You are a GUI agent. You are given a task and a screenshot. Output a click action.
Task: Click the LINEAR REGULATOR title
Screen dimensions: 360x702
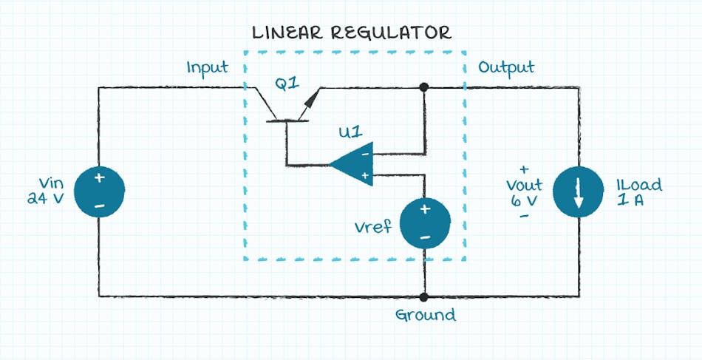[351, 33]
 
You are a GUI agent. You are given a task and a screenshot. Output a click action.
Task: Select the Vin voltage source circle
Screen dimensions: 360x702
[98, 192]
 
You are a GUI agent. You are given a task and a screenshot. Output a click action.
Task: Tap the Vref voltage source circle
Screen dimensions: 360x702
[425, 223]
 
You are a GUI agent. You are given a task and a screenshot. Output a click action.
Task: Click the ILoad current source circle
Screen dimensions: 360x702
[579, 192]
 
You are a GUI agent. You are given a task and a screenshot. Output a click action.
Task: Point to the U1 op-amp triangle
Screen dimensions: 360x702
[352, 164]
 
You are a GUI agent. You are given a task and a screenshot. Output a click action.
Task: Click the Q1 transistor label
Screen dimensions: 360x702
[287, 84]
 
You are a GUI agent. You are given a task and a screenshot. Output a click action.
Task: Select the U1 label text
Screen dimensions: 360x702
[350, 133]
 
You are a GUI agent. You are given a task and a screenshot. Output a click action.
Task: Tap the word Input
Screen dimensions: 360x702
[207, 68]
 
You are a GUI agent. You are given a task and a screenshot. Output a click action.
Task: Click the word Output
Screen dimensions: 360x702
[506, 68]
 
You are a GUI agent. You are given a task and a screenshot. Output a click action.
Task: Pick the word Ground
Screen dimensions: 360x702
[425, 316]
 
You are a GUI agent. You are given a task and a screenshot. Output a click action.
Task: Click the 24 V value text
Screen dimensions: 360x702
[46, 198]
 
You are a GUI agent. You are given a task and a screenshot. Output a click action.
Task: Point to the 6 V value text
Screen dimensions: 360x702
[524, 200]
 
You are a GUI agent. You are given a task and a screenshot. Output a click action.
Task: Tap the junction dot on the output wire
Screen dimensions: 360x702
[424, 87]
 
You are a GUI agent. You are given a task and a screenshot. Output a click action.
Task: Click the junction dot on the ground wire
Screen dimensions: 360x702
[424, 296]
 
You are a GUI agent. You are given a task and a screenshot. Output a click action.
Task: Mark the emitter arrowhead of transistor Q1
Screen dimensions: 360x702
[316, 94]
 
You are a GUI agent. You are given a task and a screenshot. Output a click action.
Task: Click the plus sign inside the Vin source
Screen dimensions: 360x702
[98, 178]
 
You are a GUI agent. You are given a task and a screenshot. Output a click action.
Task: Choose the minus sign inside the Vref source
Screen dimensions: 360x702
[425, 237]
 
